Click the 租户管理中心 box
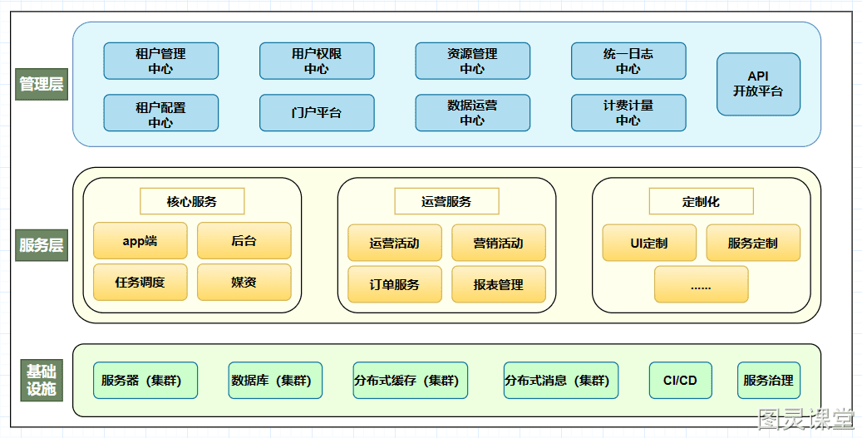pos(161,61)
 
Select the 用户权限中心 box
pos(317,61)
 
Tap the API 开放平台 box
pos(758,84)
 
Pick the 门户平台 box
pos(317,113)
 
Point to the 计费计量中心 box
pos(628,113)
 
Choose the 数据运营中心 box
pos(473,113)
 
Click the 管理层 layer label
pos(42,84)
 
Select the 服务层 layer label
pos(42,245)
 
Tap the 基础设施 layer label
pos(42,381)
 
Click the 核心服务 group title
pos(192,201)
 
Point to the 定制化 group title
pos(701,201)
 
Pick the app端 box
pos(140,241)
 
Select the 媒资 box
pos(244,283)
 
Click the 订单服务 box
pos(395,285)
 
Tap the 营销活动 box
pos(499,243)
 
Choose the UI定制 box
pos(649,243)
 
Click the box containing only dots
pos(701,285)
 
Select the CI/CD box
pos(681,381)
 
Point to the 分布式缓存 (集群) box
pos(410,381)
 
